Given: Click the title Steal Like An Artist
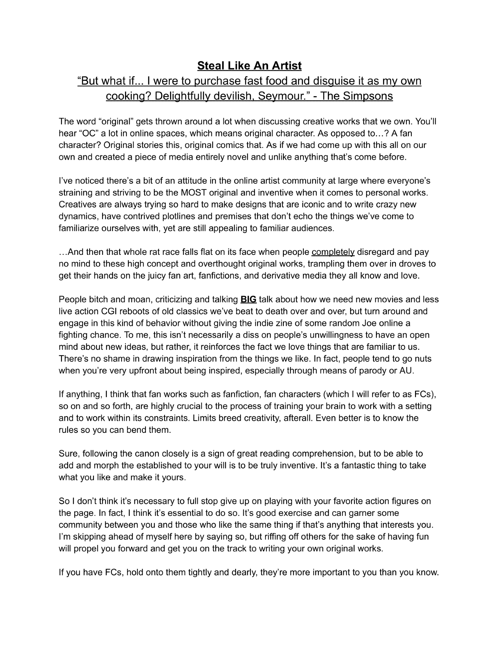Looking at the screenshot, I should click(x=249, y=66).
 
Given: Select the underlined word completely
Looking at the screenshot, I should click(x=333, y=252).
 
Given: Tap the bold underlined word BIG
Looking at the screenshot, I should click(x=248, y=299).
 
